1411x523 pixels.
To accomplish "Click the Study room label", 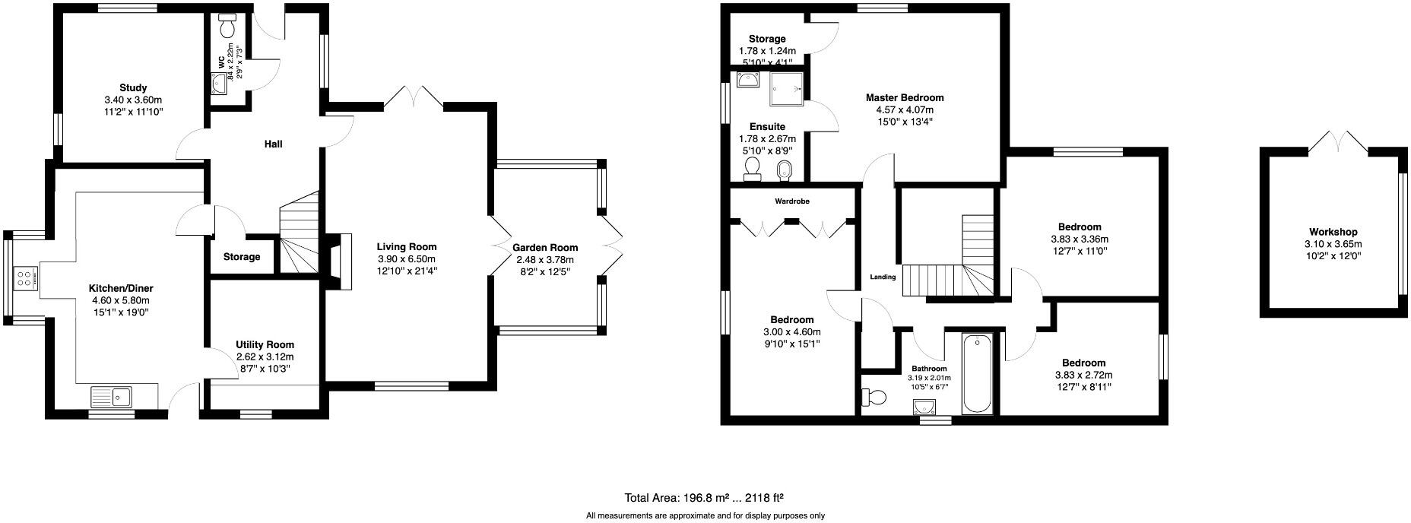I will pos(133,87).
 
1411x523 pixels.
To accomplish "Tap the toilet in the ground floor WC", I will pos(227,27).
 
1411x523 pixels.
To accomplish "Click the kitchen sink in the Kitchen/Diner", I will pos(111,396).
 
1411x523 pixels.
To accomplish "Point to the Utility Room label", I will pos(265,344).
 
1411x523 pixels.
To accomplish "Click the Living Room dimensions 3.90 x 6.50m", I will pos(407,259).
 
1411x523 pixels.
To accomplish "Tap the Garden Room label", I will pos(544,247).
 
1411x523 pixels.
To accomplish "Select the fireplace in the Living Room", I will pos(341,261).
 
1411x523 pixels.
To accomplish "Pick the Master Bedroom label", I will pos(905,97).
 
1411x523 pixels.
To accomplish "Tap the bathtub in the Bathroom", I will pos(977,372).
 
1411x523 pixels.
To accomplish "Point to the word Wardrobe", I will pos(791,201).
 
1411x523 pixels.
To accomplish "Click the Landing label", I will pos(883,277).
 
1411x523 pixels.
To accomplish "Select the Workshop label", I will pos(1333,232).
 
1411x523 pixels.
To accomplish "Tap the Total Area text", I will pos(703,499).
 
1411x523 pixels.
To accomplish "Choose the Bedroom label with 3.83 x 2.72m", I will pos(1083,363).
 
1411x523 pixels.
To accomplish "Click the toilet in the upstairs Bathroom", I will pos(874,397).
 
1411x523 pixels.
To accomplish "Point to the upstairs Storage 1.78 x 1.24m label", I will pos(766,39).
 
